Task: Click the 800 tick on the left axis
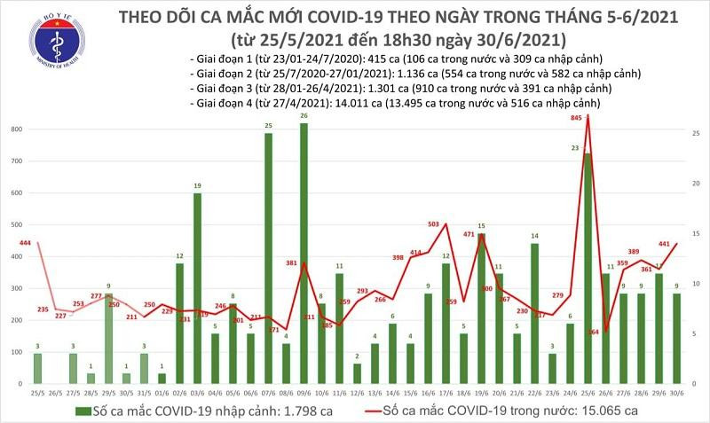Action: (14, 129)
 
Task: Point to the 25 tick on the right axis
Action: (698, 133)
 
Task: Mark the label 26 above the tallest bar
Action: (304, 116)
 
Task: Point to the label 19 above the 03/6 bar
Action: (197, 185)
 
